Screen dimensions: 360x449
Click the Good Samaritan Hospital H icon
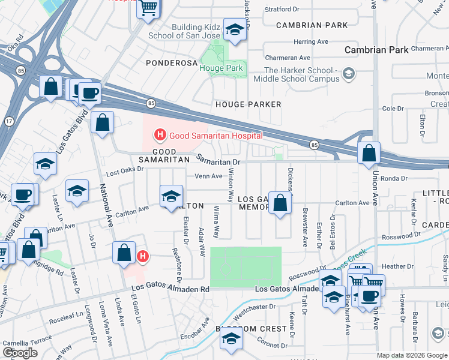tap(160, 136)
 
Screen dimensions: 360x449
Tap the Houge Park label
tap(221, 68)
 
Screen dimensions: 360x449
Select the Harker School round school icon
tap(348, 75)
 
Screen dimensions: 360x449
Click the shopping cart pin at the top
tap(148, 8)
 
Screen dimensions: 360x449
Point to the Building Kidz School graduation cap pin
tap(234, 29)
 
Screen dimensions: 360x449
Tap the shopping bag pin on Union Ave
tap(369, 154)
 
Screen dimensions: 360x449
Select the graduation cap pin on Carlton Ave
tap(171, 196)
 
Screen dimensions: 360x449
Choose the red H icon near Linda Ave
tap(143, 257)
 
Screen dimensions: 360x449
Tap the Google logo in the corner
tap(20, 353)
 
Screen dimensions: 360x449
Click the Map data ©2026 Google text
tap(412, 355)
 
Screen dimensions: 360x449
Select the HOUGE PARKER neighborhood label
tap(249, 104)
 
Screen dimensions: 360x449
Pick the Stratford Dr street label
tap(282, 10)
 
